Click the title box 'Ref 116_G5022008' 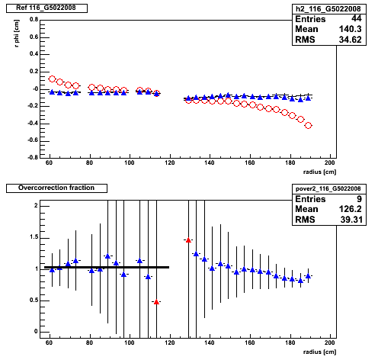pyautogui.click(x=46, y=8)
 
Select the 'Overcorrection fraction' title pyautogui.click(x=56, y=188)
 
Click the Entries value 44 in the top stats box pyautogui.click(x=357, y=18)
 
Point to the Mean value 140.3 pyautogui.click(x=350, y=29)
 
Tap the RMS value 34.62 pyautogui.click(x=350, y=40)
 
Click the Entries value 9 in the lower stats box pyautogui.click(x=359, y=199)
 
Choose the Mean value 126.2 pyautogui.click(x=350, y=209)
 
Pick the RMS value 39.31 pyautogui.click(x=351, y=220)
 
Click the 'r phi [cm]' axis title pyautogui.click(x=17, y=34)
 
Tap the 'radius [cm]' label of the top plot pyautogui.click(x=319, y=172)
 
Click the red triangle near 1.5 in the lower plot pyautogui.click(x=188, y=240)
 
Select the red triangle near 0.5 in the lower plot pyautogui.click(x=156, y=302)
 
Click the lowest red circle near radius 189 pyautogui.click(x=308, y=125)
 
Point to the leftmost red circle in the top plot pyautogui.click(x=52, y=79)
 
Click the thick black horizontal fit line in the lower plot pyautogui.click(x=107, y=267)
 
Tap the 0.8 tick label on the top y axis pyautogui.click(x=34, y=20)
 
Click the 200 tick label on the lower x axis pyautogui.click(x=330, y=342)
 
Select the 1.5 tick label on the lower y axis pyautogui.click(x=34, y=237)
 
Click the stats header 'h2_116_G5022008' pyautogui.click(x=328, y=9)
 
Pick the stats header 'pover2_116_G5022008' pyautogui.click(x=328, y=188)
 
